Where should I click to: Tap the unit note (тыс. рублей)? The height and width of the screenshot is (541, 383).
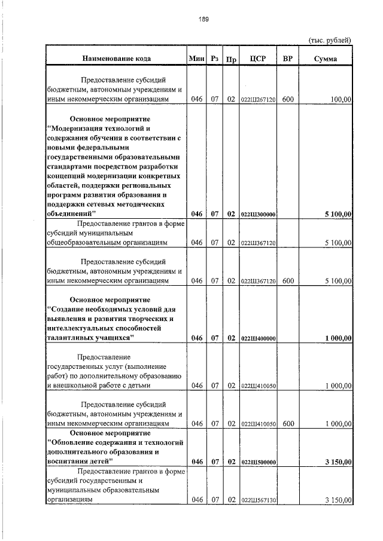coord(329,40)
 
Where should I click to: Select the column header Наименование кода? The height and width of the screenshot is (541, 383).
coord(116,59)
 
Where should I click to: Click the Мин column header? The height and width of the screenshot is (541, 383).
coord(196,59)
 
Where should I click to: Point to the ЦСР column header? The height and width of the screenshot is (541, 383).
coord(257,59)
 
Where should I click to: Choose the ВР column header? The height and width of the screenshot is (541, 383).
coord(288,59)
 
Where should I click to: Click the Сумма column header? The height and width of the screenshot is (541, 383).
coord(325,59)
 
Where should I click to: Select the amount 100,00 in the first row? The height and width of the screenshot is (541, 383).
coord(340,99)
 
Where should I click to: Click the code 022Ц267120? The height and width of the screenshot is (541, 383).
coord(257,100)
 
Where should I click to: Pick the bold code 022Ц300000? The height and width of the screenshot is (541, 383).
coord(257,213)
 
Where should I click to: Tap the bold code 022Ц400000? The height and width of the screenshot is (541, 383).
coord(257,338)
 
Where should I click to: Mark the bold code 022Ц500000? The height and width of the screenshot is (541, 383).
coord(257,462)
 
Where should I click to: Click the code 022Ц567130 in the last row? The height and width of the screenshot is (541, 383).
coord(257,500)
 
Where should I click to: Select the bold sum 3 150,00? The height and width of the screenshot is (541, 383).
coord(338,462)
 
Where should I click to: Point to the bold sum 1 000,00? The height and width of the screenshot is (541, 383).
coord(338,338)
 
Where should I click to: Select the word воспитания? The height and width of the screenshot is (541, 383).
coord(67,461)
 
